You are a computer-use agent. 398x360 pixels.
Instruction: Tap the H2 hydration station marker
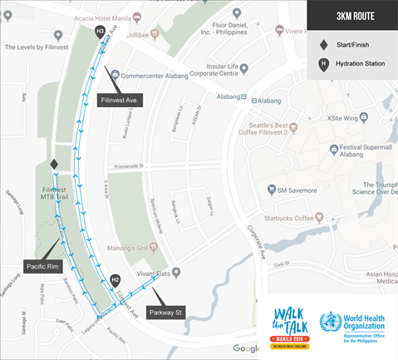coord(115,280)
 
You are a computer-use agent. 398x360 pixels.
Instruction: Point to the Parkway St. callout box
coord(167,313)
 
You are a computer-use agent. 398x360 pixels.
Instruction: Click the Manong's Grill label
coord(129,247)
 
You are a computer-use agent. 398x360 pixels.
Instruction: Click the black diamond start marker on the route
coord(54,165)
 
